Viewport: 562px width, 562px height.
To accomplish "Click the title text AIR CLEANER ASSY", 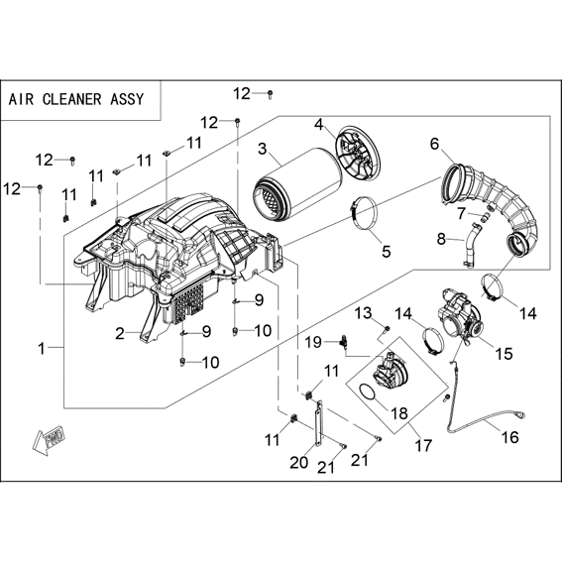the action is pos(76,99).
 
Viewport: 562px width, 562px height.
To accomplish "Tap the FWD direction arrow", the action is pos(48,439).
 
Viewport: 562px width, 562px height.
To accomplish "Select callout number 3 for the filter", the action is pos(263,148).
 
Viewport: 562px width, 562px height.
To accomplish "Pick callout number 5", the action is pos(386,251).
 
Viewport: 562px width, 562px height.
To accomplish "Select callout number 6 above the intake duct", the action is pos(434,145).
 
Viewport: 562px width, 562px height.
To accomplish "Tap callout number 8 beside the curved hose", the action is pos(441,238).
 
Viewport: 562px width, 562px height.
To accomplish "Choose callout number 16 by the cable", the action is pos(510,437).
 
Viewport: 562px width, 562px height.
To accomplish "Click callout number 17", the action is pos(423,446).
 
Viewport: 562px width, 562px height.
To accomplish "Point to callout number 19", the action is pos(313,342).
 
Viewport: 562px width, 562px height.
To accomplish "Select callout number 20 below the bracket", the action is pos(299,462).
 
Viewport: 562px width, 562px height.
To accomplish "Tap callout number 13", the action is pos(363,313).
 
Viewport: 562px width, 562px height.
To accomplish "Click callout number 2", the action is pos(120,334).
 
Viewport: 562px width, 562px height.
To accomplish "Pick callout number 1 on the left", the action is pos(42,348).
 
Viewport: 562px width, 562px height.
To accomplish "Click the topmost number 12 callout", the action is pos(242,93).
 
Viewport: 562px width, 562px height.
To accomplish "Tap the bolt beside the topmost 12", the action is pos(270,94).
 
